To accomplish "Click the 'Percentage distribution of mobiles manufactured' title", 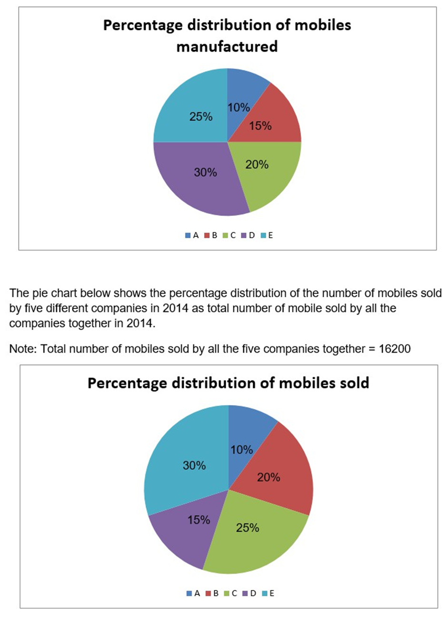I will tap(227, 36).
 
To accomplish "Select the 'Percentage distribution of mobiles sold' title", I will tap(228, 383).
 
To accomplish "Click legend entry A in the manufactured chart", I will tap(192, 235).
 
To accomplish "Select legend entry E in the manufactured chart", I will tap(267, 235).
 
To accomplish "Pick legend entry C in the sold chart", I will tap(231, 593).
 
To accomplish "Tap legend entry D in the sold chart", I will tap(250, 593).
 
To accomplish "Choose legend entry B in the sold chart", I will tap(212, 593).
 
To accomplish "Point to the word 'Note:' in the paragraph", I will tap(23, 349).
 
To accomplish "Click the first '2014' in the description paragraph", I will tap(175, 308).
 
